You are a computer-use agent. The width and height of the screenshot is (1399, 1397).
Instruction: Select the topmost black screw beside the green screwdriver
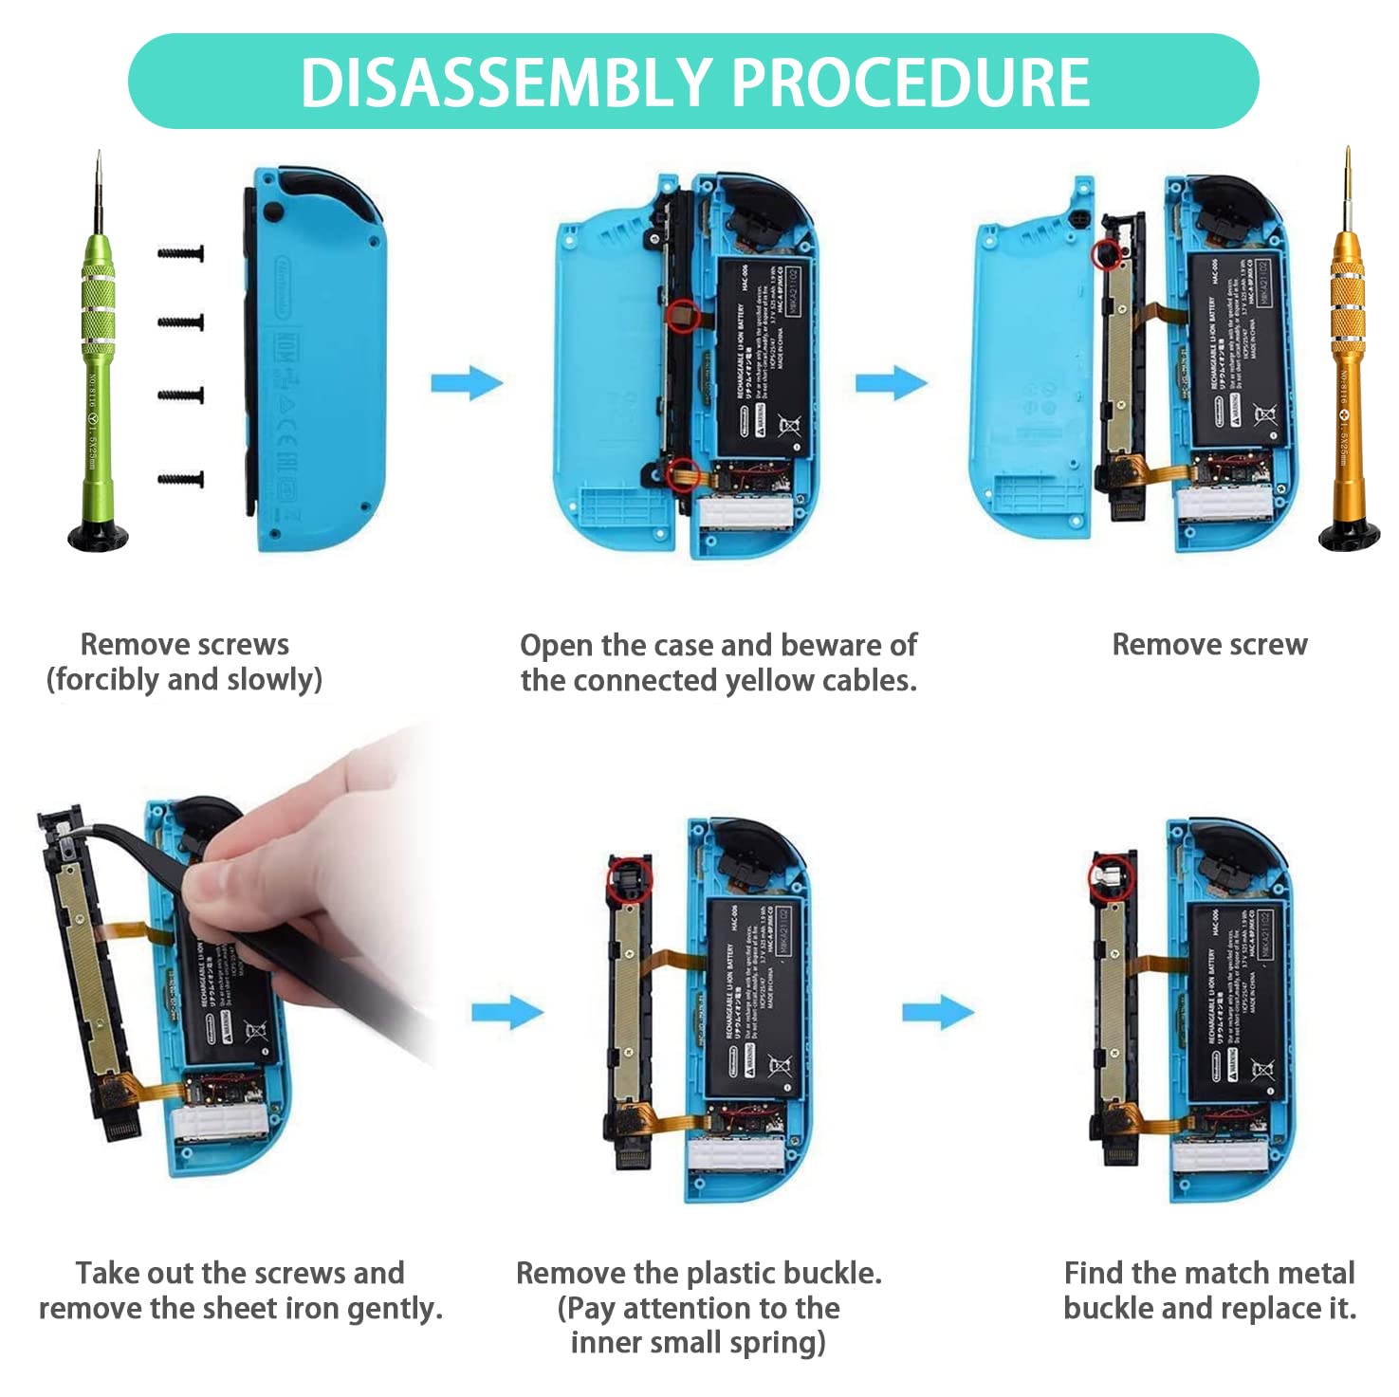[x=181, y=254]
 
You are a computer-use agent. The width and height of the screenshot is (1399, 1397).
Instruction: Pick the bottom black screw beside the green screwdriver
[x=181, y=481]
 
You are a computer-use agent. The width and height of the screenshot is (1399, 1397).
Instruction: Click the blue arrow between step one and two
[x=467, y=383]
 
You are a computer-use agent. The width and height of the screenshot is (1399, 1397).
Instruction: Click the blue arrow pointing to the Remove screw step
[x=891, y=383]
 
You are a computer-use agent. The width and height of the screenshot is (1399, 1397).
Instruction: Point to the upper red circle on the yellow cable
[x=682, y=316]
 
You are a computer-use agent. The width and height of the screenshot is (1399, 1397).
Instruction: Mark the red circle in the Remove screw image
[x=1105, y=254]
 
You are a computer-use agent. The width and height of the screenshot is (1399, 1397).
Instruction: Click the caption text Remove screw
[x=1209, y=645]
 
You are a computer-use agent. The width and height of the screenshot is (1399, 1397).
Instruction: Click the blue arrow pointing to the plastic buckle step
[x=507, y=1012]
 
